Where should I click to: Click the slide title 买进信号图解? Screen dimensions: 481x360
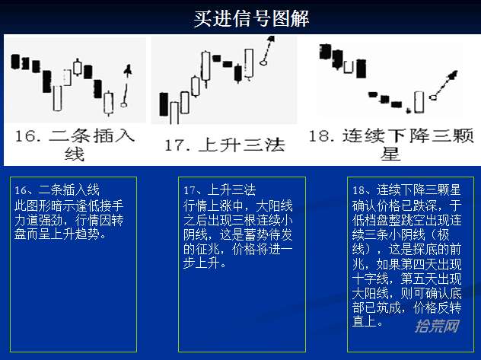(x=251, y=18)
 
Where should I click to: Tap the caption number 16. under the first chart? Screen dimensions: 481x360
(x=28, y=135)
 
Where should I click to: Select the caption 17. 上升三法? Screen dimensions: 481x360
(x=225, y=145)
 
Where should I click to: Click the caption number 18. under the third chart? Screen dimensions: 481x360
(x=322, y=135)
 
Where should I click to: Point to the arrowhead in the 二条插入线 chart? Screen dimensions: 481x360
(x=128, y=70)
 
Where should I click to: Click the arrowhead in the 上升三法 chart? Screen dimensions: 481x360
(x=271, y=39)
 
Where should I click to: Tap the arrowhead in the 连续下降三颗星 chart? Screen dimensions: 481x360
(x=453, y=75)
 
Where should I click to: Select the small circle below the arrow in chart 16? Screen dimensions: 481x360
(x=123, y=105)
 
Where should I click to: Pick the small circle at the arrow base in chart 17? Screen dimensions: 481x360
(x=263, y=63)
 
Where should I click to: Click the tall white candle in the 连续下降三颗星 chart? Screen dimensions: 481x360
(x=419, y=102)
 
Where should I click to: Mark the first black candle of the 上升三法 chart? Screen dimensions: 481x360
(x=164, y=104)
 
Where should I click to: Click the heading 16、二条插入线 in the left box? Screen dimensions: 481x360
(x=57, y=190)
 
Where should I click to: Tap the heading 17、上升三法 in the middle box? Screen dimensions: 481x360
(x=220, y=190)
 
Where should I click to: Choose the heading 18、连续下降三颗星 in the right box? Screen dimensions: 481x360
(x=406, y=190)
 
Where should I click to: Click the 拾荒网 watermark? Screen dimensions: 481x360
(x=438, y=326)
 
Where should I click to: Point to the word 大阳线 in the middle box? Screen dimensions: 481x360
(x=274, y=205)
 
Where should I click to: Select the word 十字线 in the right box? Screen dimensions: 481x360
(x=370, y=279)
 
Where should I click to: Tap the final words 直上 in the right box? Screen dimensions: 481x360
(x=365, y=322)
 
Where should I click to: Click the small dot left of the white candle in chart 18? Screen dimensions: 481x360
(x=408, y=110)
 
